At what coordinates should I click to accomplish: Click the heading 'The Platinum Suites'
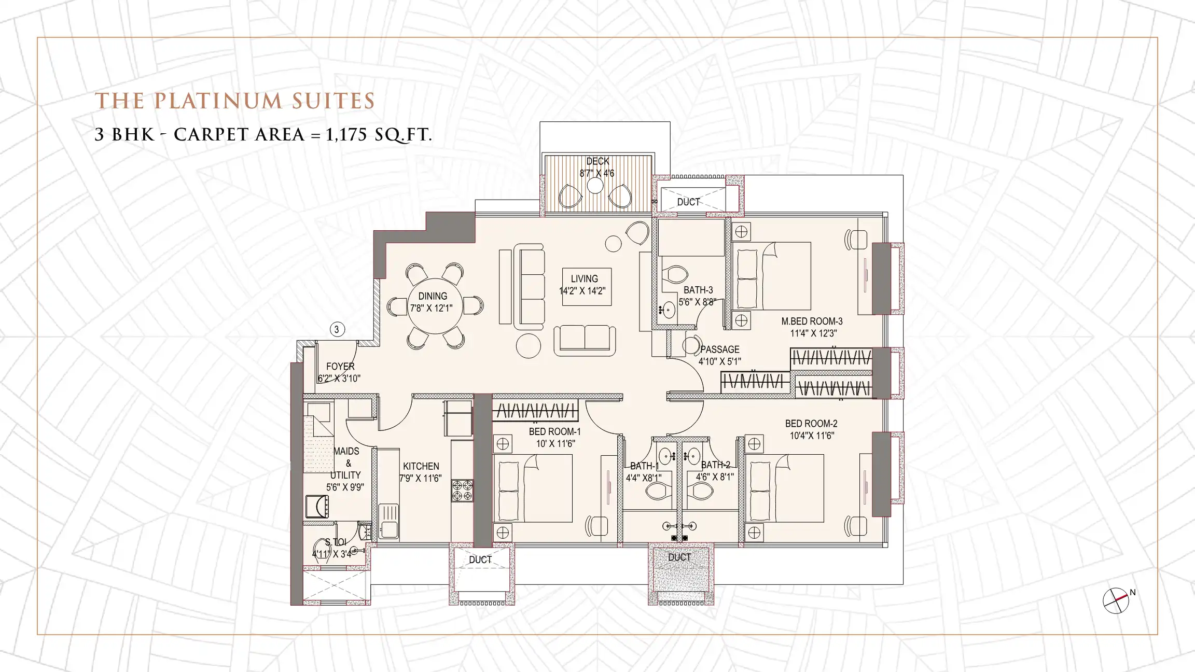click(235, 101)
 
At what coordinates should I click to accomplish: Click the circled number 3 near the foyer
click(337, 329)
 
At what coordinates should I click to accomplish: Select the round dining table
click(432, 304)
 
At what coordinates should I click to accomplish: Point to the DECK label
click(597, 161)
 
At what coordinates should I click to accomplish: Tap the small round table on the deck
click(595, 186)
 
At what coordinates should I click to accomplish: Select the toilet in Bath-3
click(675, 274)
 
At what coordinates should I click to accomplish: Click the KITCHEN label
click(421, 466)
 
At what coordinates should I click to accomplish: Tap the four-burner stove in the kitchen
click(462, 491)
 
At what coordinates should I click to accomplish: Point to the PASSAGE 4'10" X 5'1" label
click(719, 355)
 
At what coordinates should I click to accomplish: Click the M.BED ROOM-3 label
click(812, 321)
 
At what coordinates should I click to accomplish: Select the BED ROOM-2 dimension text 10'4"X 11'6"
click(811, 436)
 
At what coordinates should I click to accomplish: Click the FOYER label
click(340, 367)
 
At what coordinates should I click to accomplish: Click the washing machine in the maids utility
click(317, 506)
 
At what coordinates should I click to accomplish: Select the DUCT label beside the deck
click(688, 202)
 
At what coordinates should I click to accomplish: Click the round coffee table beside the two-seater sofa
click(529, 345)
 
